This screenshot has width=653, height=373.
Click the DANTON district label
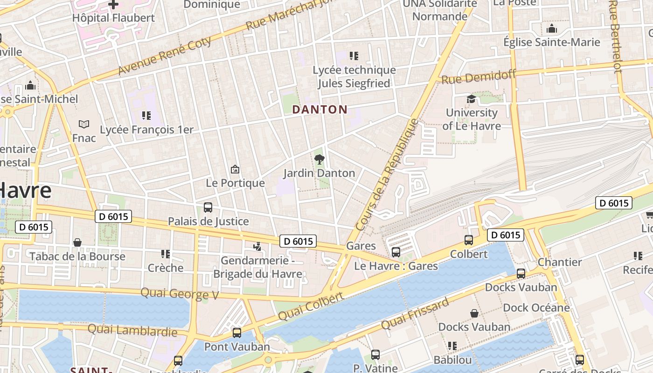coord(320,110)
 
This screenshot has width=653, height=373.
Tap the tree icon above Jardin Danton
coord(319,160)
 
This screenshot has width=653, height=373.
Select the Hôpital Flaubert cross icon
coord(113,5)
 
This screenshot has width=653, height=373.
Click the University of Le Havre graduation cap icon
coord(471,99)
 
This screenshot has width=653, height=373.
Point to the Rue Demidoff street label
coord(479,76)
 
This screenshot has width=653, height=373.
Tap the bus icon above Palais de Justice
coord(208,207)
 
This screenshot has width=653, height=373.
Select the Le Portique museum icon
coord(235,170)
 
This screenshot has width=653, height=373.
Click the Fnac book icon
coord(84,124)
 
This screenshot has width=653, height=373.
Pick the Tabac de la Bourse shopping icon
coord(77,243)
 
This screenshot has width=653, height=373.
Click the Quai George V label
coord(180,294)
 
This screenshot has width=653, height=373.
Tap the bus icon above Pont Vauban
coord(237,333)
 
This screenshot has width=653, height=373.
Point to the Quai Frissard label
coord(415,313)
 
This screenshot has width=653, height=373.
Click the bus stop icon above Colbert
coord(469,240)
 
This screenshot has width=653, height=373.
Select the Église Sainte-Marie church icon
coord(552,29)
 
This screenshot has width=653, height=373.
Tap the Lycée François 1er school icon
coord(146,116)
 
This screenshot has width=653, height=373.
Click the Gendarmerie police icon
coord(257,247)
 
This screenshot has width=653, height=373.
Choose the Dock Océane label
coord(536,308)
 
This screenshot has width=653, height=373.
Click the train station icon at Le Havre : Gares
coord(396,252)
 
